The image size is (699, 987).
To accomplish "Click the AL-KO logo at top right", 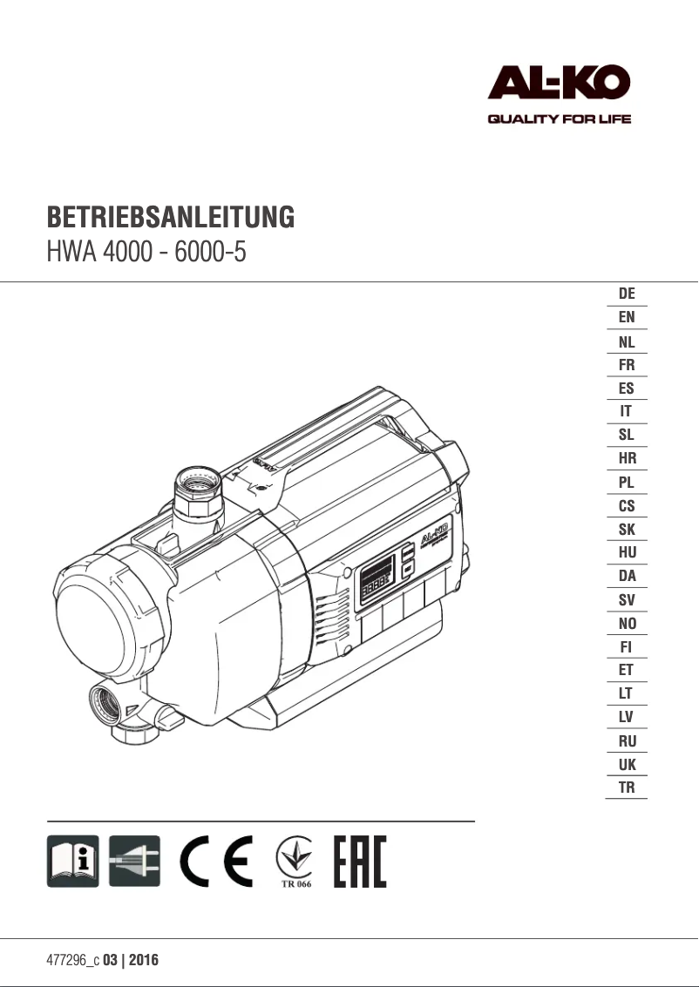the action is pos(558,85).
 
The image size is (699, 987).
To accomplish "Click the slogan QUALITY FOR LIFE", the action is pos(558,119).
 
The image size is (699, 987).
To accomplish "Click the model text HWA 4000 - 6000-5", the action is pos(146,254).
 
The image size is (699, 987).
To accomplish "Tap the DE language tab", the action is pos(626,294).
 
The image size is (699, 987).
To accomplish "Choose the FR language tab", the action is pos(626,365).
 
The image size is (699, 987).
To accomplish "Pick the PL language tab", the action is pos(626,482).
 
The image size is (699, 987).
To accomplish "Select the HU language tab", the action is pos(626,552).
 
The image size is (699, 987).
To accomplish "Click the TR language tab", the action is pos(626,788).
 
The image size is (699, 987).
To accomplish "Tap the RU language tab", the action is pos(626,741).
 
